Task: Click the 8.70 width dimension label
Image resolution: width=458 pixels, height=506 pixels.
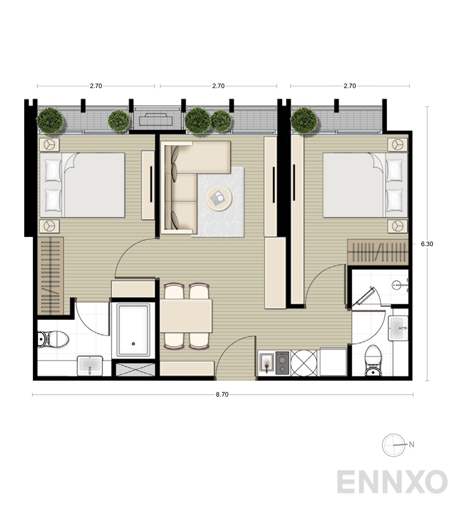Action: click(222, 395)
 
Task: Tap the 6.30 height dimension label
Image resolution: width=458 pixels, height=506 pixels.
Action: click(427, 244)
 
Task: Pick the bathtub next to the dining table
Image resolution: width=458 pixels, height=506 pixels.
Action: click(133, 331)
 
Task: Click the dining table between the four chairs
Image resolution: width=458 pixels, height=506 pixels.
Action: click(186, 316)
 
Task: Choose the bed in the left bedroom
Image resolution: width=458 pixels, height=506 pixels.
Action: click(82, 185)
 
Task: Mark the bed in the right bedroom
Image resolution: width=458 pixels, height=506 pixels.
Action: click(365, 185)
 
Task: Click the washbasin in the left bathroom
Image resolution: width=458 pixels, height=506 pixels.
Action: click(90, 366)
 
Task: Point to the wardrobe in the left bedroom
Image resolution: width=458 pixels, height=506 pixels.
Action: click(50, 276)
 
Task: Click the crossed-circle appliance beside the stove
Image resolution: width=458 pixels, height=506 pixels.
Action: click(304, 363)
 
